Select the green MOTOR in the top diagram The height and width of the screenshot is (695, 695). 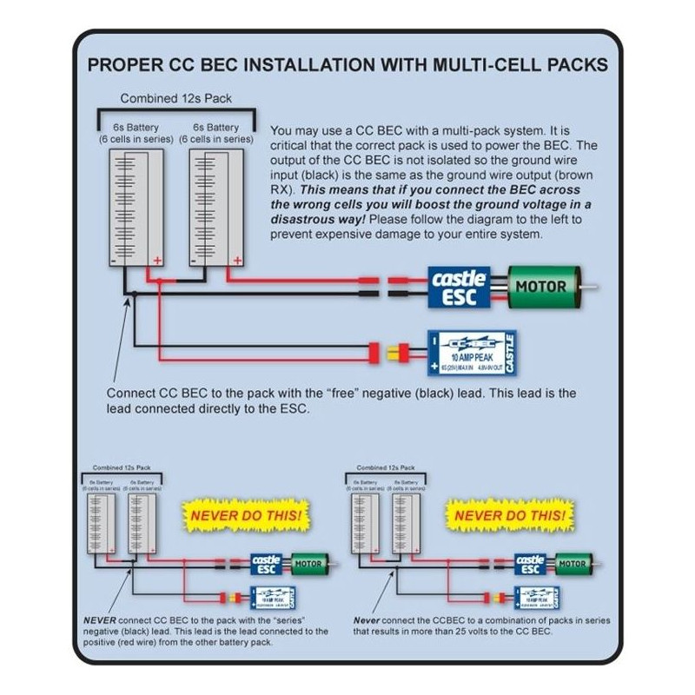pyautogui.click(x=540, y=286)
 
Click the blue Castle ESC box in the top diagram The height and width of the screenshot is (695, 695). pyautogui.click(x=460, y=288)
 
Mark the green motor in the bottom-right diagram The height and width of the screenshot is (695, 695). pyautogui.click(x=571, y=565)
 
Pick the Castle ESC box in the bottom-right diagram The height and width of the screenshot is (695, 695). pyautogui.click(x=531, y=565)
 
